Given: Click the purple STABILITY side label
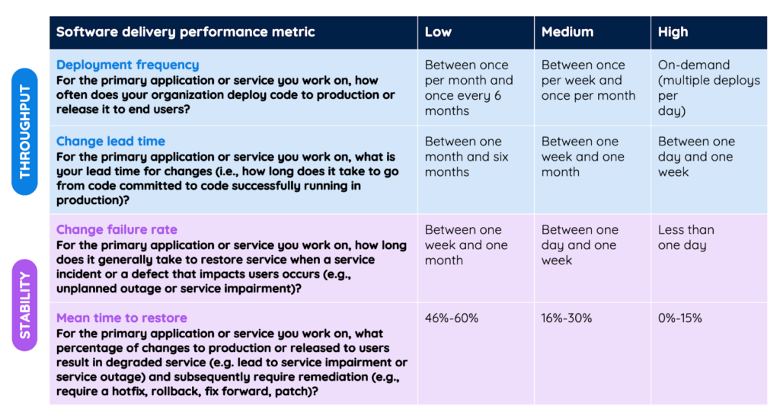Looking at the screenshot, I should point(24,305).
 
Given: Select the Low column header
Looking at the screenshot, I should point(438,32).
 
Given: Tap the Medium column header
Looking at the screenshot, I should point(567,32).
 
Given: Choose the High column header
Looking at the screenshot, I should point(673,32).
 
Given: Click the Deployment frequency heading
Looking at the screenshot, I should point(127,65).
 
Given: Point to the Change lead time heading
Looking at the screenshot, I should point(110,142).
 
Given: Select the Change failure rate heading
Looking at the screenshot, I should point(117,230).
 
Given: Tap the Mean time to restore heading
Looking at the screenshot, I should point(121,318).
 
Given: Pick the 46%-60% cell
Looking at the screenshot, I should point(452,318).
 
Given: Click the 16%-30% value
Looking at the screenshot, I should point(567,318).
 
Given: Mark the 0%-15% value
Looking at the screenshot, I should point(680,318).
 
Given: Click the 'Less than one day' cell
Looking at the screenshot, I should point(686,238).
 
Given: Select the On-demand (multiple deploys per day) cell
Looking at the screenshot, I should point(708,88).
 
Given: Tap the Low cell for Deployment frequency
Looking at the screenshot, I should point(468,88).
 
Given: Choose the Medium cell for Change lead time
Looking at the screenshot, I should point(583,157).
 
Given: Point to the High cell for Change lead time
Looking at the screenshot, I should point(696,157).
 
